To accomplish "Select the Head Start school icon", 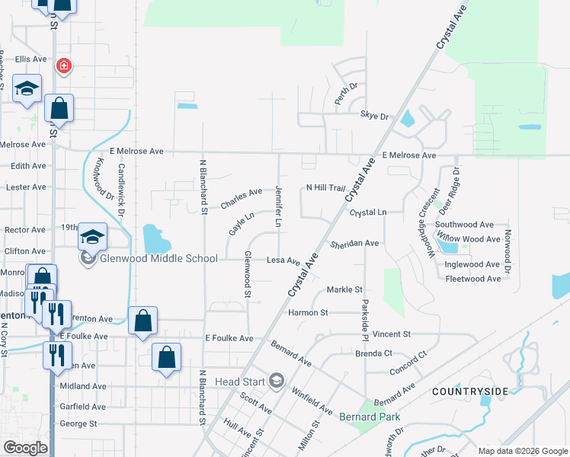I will (x=277, y=381).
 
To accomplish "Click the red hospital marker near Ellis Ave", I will (x=63, y=66).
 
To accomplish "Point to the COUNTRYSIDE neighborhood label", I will (x=469, y=391).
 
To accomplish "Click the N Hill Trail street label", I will (x=325, y=187).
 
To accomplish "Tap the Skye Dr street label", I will (x=374, y=116).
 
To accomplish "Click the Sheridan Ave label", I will (x=354, y=244).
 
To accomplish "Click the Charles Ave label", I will (x=241, y=199).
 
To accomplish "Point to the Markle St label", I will (x=344, y=289).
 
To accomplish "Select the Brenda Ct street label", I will (x=373, y=353).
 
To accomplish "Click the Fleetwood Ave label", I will (x=473, y=279).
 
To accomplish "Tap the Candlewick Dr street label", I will (x=120, y=190).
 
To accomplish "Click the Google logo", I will (x=25, y=448).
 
